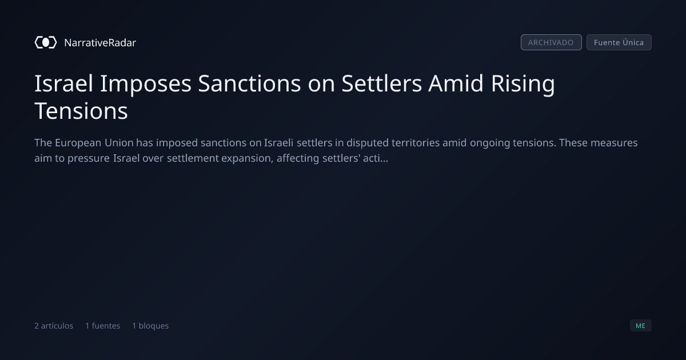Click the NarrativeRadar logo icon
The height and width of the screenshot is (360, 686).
click(46, 42)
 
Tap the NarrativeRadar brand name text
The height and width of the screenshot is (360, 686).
click(100, 42)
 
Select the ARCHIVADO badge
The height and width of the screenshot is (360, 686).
click(551, 42)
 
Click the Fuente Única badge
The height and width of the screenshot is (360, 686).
click(619, 42)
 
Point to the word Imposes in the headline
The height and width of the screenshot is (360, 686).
click(146, 84)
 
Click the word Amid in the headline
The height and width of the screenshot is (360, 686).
click(456, 83)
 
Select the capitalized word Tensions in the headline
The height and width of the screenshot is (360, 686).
click(81, 111)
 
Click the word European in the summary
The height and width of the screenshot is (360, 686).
click(78, 143)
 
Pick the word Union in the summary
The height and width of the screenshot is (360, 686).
click(119, 143)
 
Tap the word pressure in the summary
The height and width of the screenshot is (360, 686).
click(89, 159)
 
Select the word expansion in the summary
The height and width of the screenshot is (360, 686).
click(247, 159)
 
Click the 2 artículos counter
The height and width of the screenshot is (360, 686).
click(54, 326)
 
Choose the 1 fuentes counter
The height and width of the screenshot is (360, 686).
click(102, 326)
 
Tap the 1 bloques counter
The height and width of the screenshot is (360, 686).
click(150, 326)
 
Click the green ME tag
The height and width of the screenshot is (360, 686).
click(640, 325)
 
